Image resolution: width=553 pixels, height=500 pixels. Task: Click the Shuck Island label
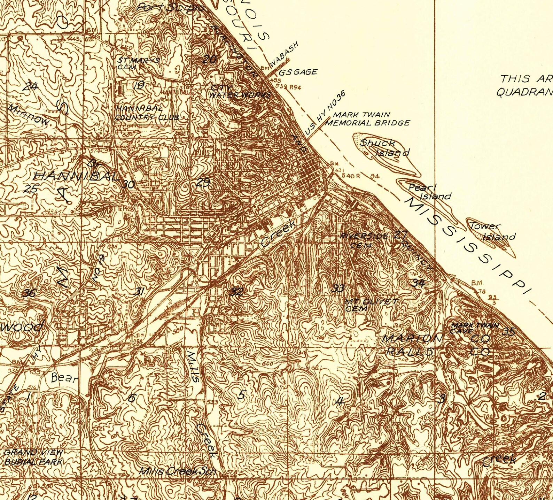tap(384, 147)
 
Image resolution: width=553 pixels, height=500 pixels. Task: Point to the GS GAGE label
tap(298, 72)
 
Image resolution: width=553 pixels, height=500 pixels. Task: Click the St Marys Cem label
tap(138, 63)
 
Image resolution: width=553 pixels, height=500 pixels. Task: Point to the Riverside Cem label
tap(364, 240)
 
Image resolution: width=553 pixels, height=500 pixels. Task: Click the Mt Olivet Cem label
tap(370, 304)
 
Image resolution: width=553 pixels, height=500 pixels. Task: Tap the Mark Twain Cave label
tap(474, 328)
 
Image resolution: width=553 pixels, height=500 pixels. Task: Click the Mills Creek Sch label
tap(177, 471)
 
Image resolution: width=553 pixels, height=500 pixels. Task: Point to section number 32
tap(236, 291)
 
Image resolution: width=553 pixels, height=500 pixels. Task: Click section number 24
tap(30, 86)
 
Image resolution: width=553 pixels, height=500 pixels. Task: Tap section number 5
tap(242, 395)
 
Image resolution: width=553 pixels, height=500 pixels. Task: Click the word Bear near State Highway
tap(64, 378)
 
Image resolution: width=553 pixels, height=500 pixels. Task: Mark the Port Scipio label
tap(171, 7)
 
